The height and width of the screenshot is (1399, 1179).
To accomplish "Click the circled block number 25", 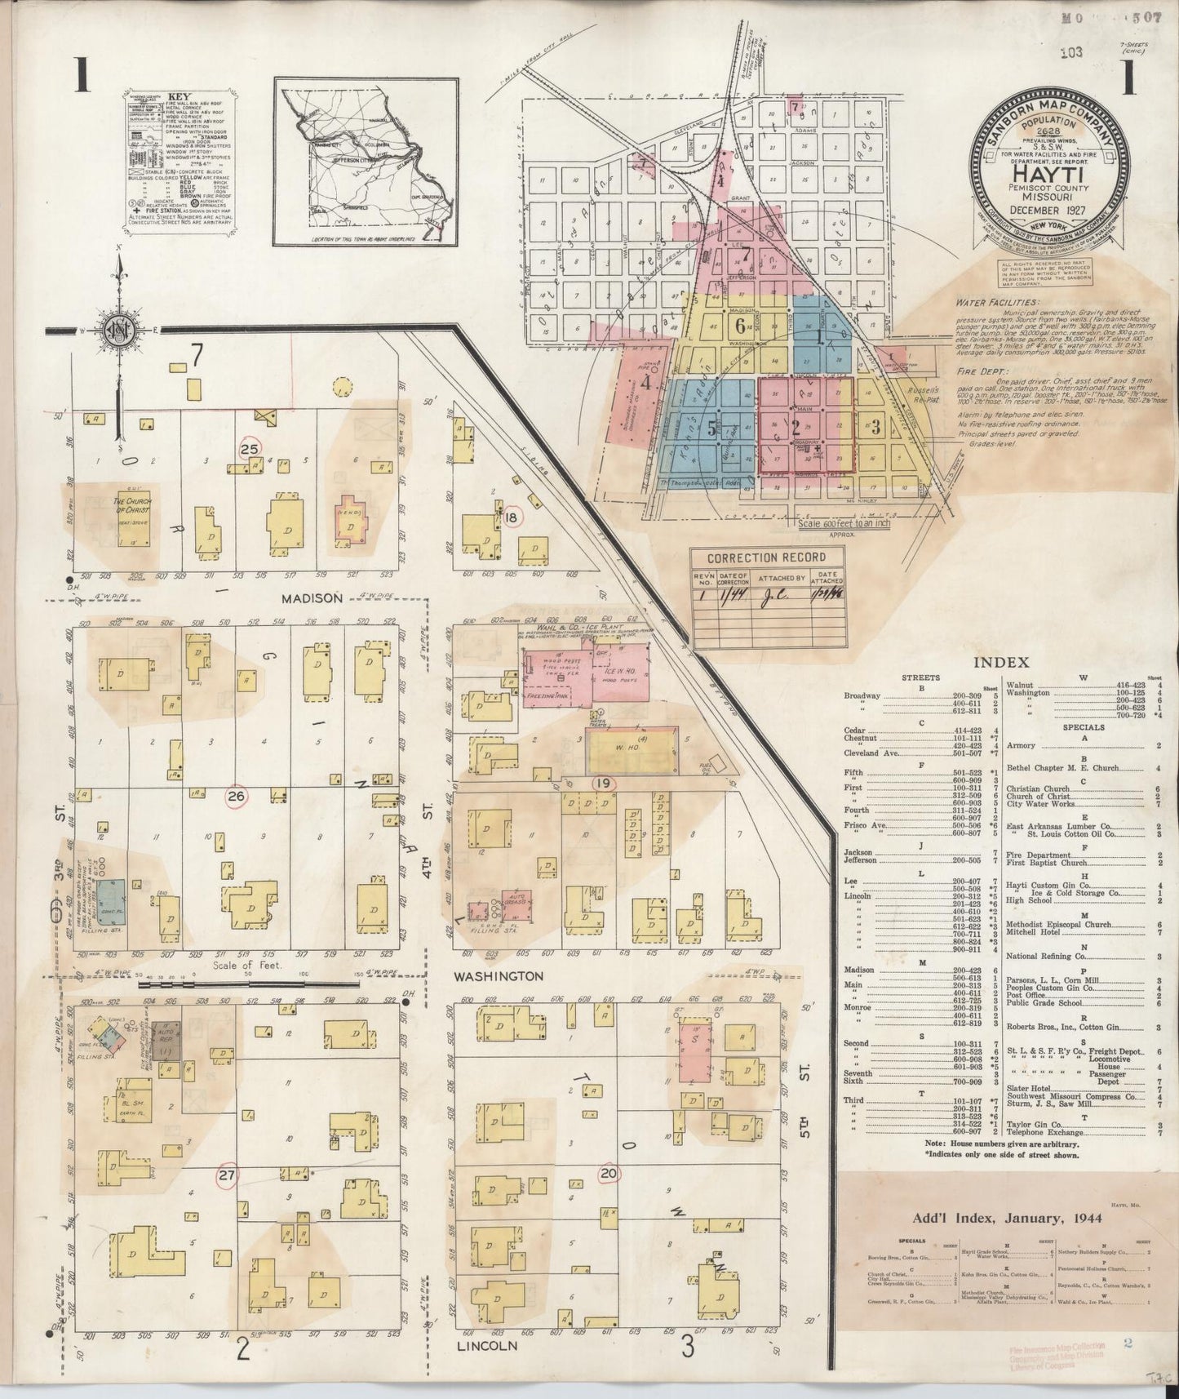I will (250, 448).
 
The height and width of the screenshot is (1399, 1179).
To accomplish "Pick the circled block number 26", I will (237, 797).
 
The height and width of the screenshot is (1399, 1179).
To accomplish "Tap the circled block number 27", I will (226, 1176).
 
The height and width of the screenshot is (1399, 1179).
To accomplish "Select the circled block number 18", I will (512, 517).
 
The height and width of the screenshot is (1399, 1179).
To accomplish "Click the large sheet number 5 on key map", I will (712, 427).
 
